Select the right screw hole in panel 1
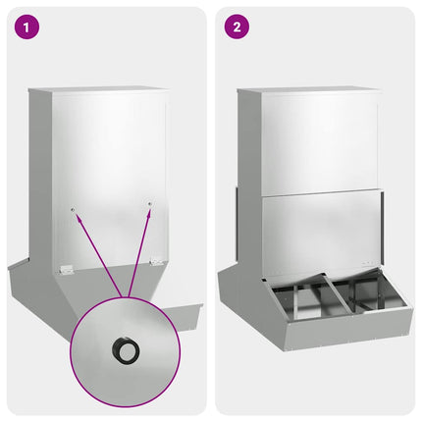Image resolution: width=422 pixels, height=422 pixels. [149, 205]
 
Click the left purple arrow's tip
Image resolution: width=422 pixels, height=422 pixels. [74, 213]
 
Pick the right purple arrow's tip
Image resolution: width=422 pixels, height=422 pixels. [148, 209]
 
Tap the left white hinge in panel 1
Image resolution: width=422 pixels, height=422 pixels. [65, 267]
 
